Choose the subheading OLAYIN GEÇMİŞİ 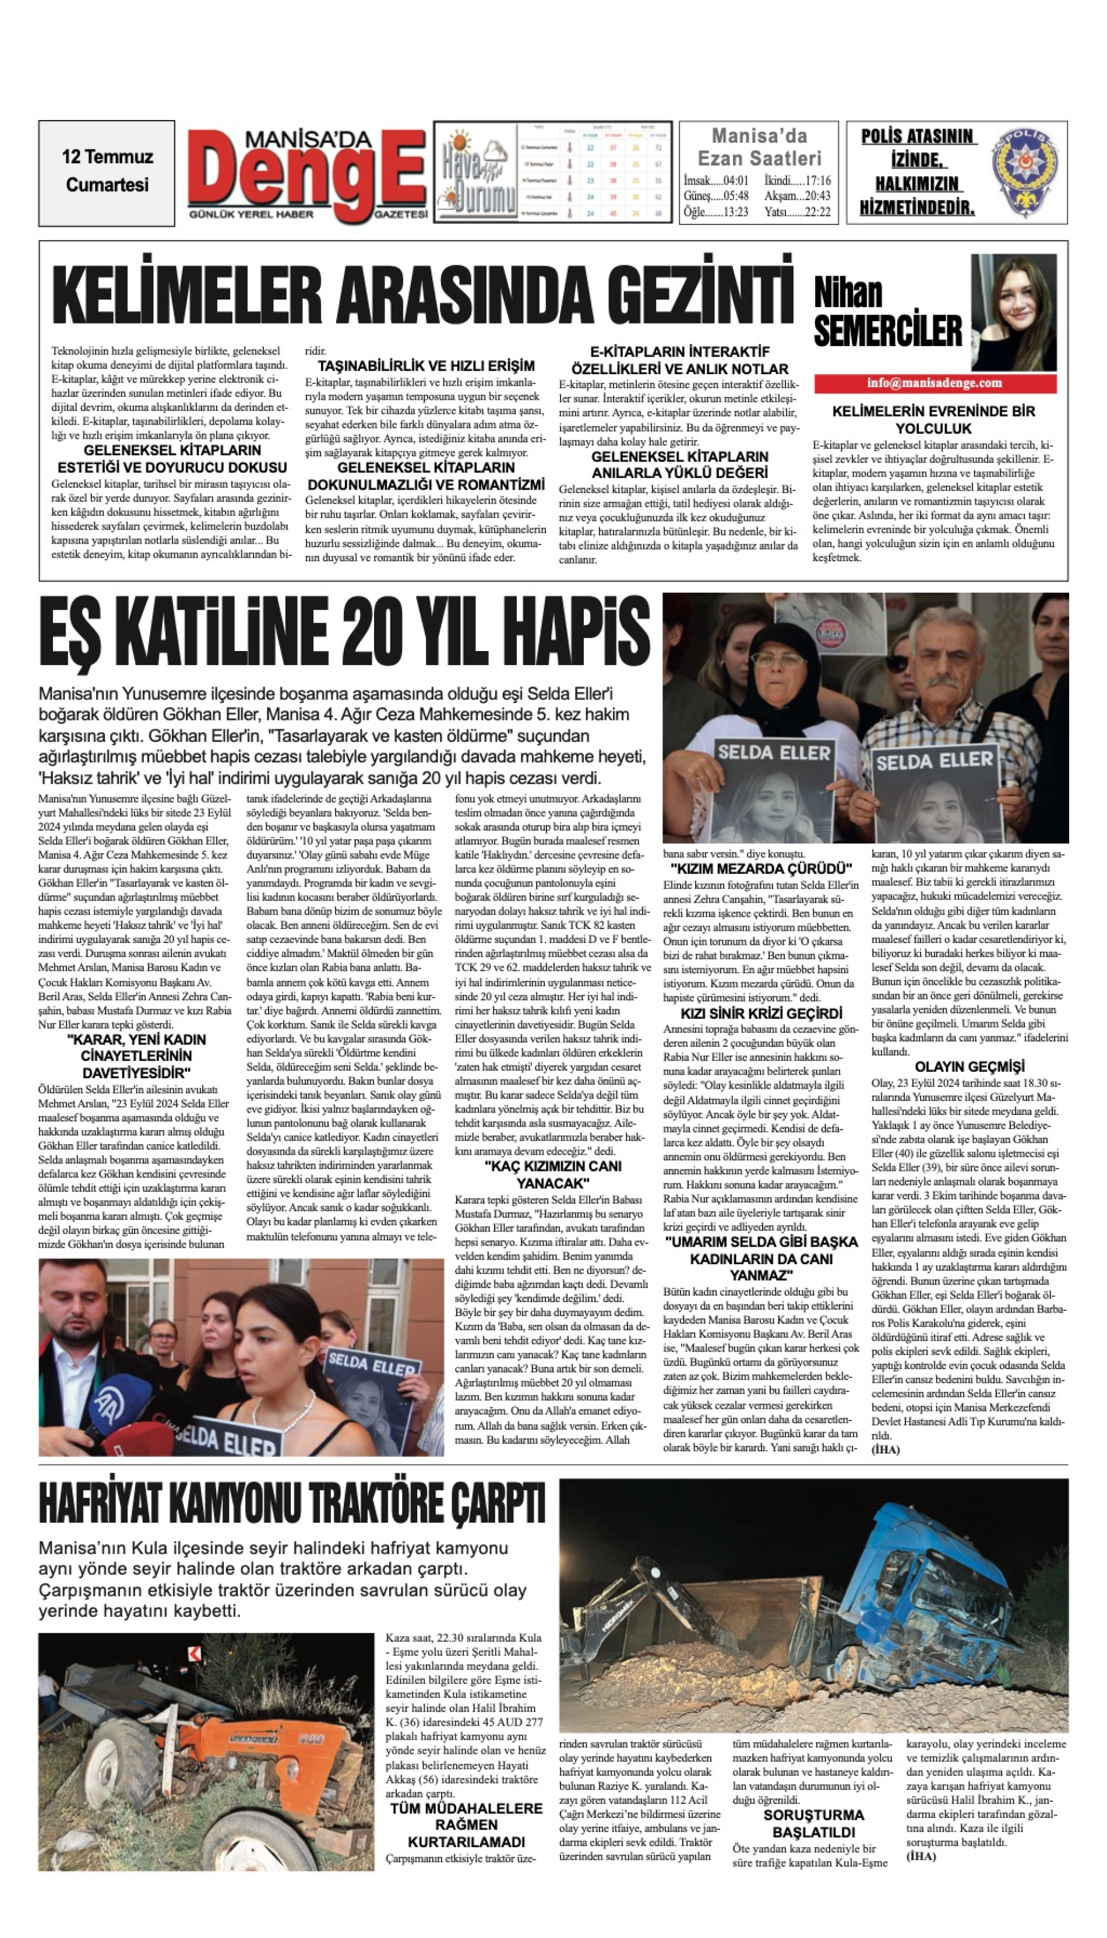click(x=969, y=1067)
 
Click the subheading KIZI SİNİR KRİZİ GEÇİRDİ click(x=761, y=1014)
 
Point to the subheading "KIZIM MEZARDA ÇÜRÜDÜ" click(x=761, y=868)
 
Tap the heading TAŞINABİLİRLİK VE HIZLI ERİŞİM click(x=426, y=366)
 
